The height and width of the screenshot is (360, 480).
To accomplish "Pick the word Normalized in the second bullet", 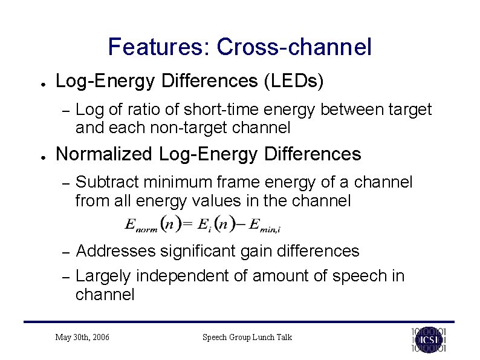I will [x=104, y=154].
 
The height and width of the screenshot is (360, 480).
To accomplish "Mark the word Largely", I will [x=103, y=276].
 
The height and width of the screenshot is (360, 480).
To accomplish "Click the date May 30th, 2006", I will [x=82, y=337].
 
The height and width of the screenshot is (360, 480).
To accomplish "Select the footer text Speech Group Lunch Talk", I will [x=247, y=337].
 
